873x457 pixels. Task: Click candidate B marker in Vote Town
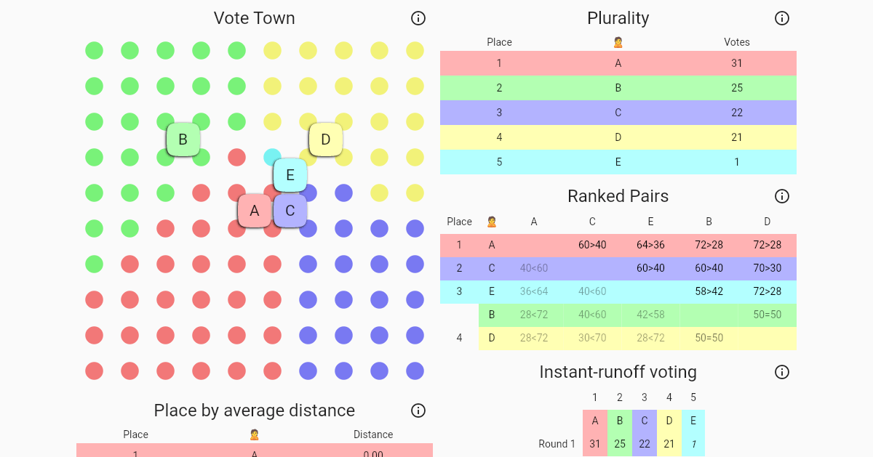(x=183, y=139)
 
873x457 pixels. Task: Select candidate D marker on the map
(x=326, y=139)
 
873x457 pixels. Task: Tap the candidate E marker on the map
(x=290, y=175)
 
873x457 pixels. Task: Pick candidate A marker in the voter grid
(x=255, y=211)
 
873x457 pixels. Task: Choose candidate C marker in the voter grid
(x=290, y=211)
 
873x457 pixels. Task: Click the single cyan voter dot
(x=272, y=157)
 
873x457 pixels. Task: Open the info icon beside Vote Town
(x=418, y=18)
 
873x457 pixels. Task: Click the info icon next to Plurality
(x=782, y=18)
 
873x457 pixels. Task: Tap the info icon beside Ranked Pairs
(x=782, y=196)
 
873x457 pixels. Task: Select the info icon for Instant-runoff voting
(x=782, y=372)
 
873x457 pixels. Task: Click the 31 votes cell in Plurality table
(x=737, y=63)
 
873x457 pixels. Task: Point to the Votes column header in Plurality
(x=737, y=42)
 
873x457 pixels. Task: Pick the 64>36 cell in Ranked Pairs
(x=650, y=245)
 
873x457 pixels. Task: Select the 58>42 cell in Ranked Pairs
(x=709, y=291)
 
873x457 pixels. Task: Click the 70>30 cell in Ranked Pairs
(x=767, y=268)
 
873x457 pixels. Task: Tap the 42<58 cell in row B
(x=650, y=315)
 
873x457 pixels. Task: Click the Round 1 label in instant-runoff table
(x=557, y=444)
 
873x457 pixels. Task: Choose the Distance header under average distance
(x=373, y=434)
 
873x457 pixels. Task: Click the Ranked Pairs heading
(x=618, y=196)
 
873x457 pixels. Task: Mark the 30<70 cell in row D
(x=592, y=338)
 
